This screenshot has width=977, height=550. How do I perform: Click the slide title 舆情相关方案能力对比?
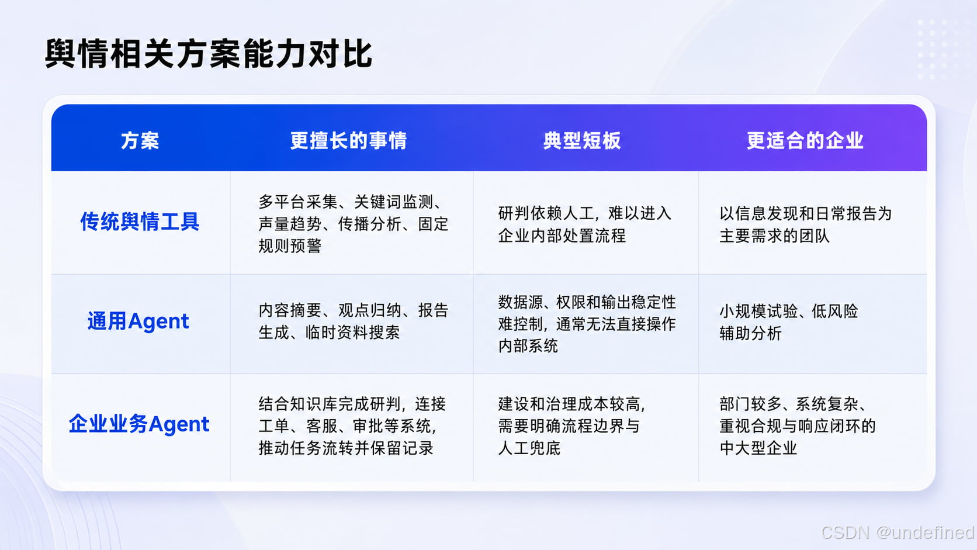(209, 54)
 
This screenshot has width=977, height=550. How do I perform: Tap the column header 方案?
(140, 140)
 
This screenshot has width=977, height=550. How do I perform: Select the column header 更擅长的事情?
(348, 140)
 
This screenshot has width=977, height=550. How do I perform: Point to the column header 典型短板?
(582, 140)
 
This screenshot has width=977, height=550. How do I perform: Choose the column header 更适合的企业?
(805, 140)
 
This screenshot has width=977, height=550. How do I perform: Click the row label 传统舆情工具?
(140, 222)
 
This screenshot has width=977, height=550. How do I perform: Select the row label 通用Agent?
(138, 321)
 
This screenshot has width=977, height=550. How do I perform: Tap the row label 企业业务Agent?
(139, 424)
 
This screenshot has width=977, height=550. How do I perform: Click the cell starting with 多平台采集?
(354, 224)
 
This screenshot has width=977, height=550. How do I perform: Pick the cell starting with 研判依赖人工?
(584, 224)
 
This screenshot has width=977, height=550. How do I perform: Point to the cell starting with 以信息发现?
(805, 224)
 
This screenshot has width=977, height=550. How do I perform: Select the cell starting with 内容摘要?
(354, 321)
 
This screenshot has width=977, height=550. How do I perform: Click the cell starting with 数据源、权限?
(587, 324)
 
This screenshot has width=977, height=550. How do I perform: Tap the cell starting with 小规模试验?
(789, 322)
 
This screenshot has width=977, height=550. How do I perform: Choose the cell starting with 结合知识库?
(352, 426)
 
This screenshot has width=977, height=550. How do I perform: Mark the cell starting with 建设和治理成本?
(571, 426)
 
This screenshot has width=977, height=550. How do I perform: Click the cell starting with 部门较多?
(797, 426)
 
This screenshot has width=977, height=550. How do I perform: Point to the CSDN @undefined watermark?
(898, 532)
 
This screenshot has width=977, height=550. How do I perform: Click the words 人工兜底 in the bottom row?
(529, 448)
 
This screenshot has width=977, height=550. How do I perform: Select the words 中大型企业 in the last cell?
(758, 448)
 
